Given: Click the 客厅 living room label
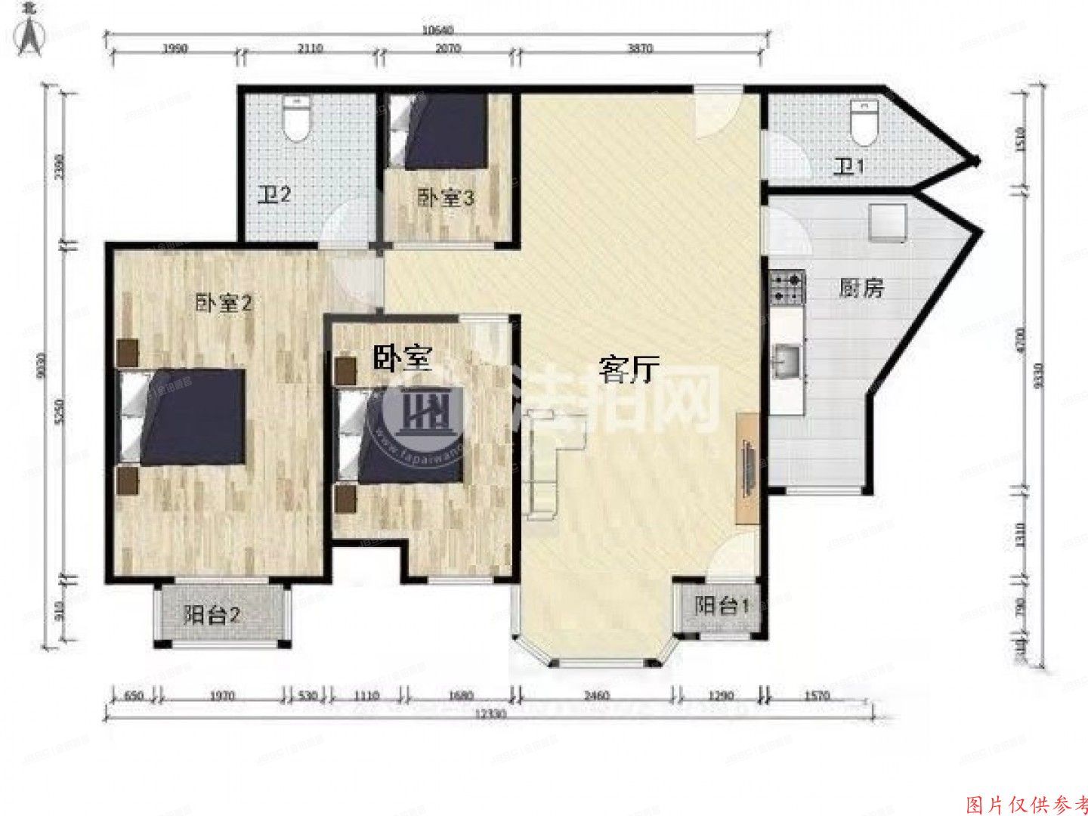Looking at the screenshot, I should click(629, 370).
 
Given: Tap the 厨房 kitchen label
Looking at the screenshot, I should click(861, 288).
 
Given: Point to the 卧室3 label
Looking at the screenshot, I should click(447, 199).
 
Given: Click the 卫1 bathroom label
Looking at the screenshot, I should click(848, 167).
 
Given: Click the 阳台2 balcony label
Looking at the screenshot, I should click(212, 615).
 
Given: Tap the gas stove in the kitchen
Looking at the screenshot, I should click(786, 288).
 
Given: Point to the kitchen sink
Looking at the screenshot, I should click(787, 360).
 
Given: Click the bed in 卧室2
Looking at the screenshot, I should click(185, 416).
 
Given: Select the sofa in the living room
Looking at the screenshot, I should click(552, 461).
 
